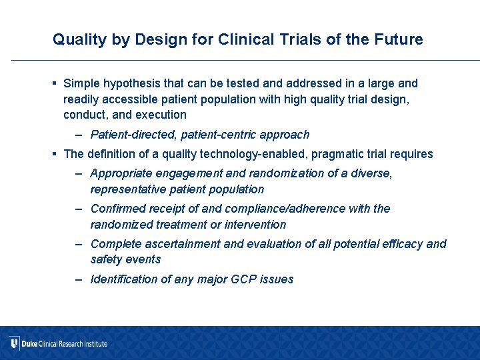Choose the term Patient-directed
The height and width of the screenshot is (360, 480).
point(133,135)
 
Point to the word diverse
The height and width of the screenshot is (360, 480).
point(371,173)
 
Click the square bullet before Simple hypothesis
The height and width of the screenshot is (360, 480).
point(55,83)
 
